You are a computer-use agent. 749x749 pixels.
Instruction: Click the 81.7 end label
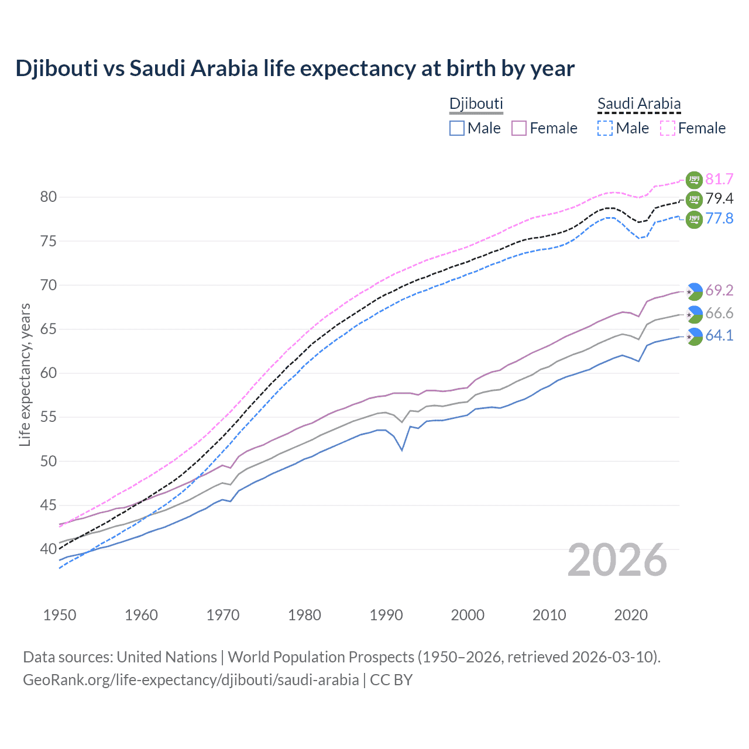tap(719, 179)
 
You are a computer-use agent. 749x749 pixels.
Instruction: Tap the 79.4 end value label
tap(719, 199)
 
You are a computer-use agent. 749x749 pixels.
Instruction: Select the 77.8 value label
tap(719, 219)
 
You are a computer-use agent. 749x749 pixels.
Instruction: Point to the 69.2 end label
tap(719, 290)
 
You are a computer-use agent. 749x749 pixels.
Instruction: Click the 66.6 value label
tap(719, 314)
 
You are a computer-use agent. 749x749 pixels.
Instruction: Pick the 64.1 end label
tap(719, 336)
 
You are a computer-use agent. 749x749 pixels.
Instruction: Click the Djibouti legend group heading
tap(476, 104)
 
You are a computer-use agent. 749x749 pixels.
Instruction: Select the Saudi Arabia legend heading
tap(638, 104)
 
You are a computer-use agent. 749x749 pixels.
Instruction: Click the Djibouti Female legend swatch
tap(519, 128)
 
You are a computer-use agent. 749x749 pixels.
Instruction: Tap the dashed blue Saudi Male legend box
tap(605, 128)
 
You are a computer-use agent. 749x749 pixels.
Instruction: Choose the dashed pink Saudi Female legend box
tap(668, 128)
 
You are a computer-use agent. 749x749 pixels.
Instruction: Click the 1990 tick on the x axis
tap(386, 615)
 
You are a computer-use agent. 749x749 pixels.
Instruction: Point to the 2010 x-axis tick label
tap(549, 615)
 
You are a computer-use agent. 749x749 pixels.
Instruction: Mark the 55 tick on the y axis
tap(49, 417)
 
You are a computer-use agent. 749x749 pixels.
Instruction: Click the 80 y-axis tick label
tap(49, 197)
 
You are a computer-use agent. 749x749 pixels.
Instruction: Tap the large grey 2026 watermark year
tap(617, 561)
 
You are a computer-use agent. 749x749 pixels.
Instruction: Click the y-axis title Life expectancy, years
tap(25, 374)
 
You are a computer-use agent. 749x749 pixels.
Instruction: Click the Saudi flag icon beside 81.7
tap(693, 180)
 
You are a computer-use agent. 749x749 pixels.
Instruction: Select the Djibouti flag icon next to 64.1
tap(693, 336)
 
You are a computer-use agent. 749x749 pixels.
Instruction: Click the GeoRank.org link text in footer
tap(191, 680)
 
